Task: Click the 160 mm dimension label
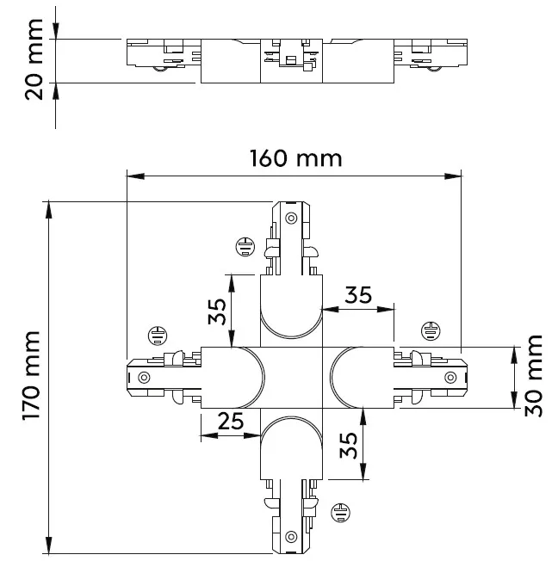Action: (x=295, y=158)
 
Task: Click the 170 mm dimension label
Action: (x=34, y=376)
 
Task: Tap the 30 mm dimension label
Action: (x=534, y=376)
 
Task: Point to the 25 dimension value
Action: (x=230, y=421)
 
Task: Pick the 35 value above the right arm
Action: (x=358, y=294)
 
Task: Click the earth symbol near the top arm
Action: (x=246, y=248)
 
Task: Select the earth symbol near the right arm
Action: (x=430, y=330)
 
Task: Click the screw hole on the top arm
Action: (x=290, y=217)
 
